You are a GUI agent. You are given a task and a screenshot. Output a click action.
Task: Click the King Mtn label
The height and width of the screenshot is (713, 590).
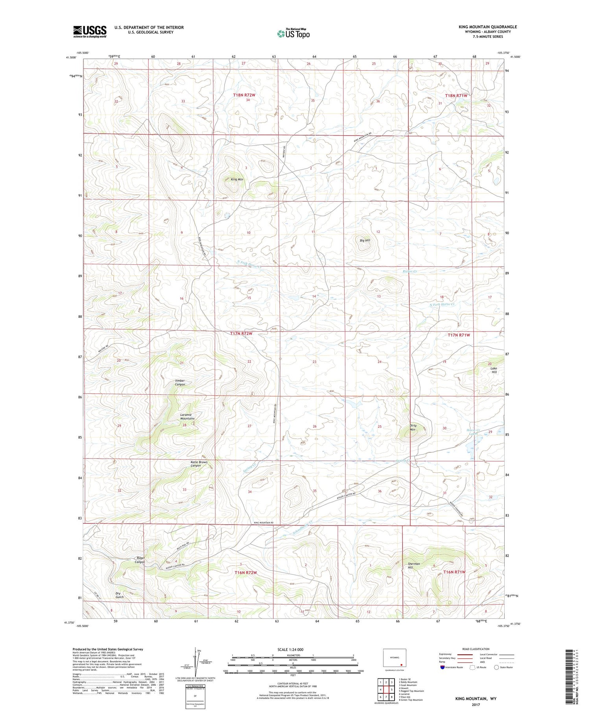tap(237, 179)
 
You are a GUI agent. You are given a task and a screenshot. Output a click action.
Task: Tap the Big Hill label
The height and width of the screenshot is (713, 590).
tap(365, 240)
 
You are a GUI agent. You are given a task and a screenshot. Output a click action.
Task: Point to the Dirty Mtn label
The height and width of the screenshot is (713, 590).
tap(413, 427)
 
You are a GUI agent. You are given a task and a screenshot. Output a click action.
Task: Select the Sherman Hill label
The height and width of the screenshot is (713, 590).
tap(413, 566)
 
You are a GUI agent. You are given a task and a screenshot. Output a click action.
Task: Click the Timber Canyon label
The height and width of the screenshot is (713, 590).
tap(180, 383)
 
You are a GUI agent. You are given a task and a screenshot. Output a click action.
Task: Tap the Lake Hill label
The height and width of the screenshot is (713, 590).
tap(494, 370)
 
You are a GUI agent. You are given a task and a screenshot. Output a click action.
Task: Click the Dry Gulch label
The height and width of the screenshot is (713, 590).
tap(119, 595)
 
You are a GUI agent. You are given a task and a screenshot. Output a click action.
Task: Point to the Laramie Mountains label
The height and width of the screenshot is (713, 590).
tap(187, 416)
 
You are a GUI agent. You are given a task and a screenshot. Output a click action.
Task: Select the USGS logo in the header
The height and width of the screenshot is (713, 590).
tap(90, 31)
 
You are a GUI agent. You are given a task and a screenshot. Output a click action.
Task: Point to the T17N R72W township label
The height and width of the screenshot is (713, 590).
tap(241, 333)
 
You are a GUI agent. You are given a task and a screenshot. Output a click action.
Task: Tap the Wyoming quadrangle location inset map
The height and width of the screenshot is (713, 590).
tap(394, 658)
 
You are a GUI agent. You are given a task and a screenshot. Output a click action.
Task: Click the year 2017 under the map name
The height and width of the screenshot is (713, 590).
tap(476, 704)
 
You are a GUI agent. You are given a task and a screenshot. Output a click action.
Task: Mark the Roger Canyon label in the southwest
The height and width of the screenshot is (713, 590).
tap(140, 560)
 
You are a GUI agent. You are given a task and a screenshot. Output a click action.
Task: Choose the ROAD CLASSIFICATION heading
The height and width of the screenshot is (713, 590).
tap(476, 649)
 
